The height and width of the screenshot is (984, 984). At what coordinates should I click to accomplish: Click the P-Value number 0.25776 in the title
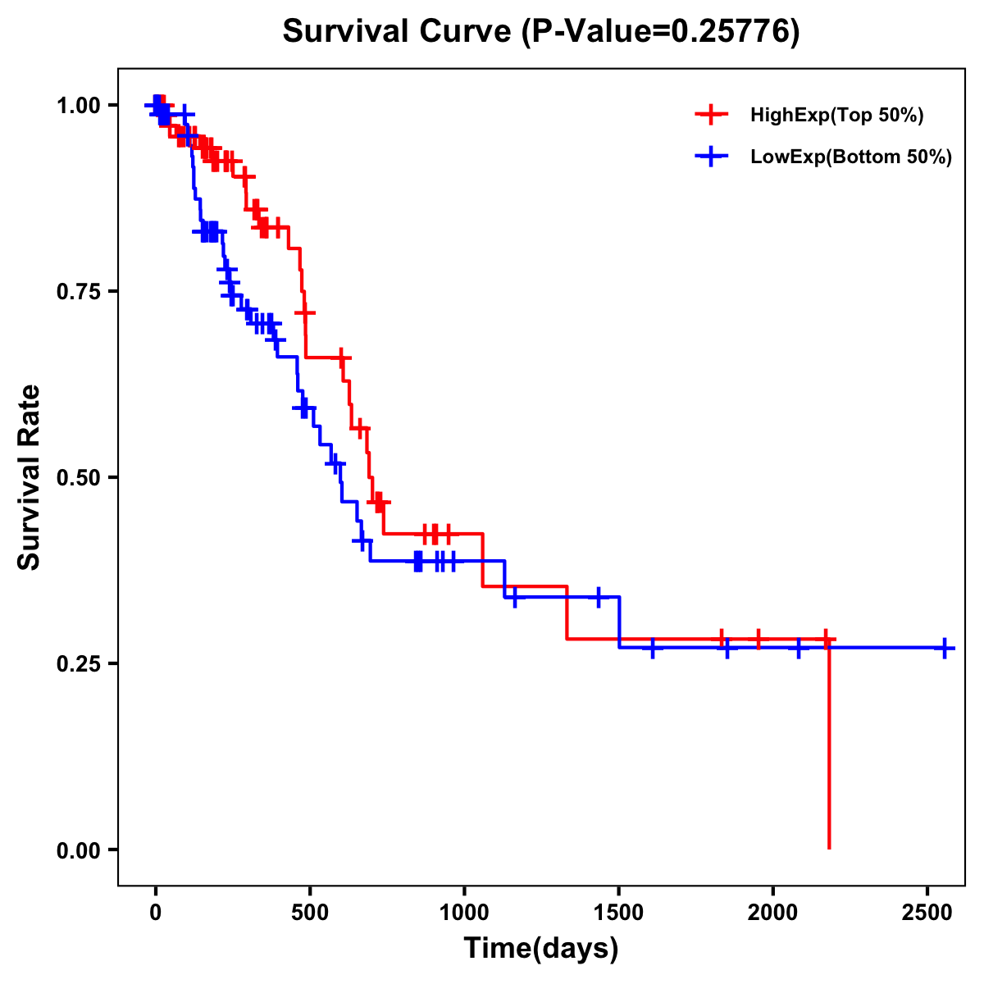(731, 32)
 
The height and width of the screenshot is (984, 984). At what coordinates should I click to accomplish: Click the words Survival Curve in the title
(399, 32)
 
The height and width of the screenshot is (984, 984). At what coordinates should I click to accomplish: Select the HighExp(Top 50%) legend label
(837, 116)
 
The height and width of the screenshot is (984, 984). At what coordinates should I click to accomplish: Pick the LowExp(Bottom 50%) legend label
(851, 157)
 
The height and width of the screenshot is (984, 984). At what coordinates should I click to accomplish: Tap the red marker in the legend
(712, 116)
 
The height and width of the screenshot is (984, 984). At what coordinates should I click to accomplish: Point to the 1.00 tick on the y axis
(80, 105)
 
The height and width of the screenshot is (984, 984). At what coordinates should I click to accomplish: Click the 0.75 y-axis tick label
(80, 291)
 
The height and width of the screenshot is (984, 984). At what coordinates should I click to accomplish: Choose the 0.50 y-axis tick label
(80, 477)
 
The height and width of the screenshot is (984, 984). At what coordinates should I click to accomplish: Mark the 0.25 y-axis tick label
(80, 663)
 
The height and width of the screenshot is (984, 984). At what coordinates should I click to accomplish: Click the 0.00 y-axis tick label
(80, 850)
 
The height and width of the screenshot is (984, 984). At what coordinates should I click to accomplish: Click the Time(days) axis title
(541, 949)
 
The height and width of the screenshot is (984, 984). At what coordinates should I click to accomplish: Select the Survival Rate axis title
(30, 477)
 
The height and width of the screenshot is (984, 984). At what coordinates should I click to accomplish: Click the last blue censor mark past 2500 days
(945, 648)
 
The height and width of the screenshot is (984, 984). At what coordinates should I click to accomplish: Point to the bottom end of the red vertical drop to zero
(829, 847)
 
